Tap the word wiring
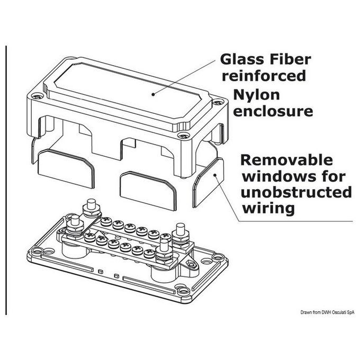tap(267, 208)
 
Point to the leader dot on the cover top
tap(154, 93)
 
